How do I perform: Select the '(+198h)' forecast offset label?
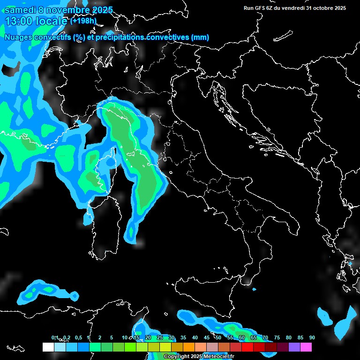tap(83, 21)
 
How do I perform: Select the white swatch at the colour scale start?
tap(48, 347)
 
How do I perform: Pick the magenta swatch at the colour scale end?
tap(306, 347)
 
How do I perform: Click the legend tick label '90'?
tap(312, 338)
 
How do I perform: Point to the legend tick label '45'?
tap(207, 338)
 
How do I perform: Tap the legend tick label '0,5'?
tap(78, 338)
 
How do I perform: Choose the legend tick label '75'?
tap(277, 338)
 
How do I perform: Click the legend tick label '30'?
tap(172, 338)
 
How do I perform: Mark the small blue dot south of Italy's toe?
tap(255, 289)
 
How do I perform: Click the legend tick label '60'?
tap(242, 338)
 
